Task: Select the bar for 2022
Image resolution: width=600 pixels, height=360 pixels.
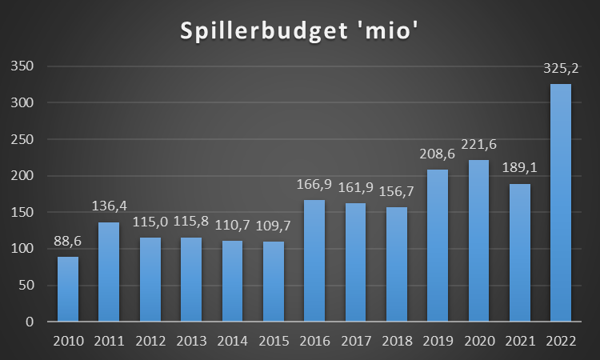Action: (x=560, y=203)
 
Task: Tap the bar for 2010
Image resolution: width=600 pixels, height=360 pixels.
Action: (x=67, y=289)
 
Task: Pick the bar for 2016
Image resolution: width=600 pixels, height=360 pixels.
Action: (x=314, y=261)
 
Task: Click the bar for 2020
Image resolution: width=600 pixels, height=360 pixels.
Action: (x=478, y=241)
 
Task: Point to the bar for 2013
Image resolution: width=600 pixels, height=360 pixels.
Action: (x=190, y=279)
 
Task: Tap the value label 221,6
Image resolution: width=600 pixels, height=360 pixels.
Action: (x=478, y=146)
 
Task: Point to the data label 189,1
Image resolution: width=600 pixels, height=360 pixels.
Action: (x=519, y=170)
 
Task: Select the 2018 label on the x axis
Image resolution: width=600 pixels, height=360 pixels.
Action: (x=396, y=341)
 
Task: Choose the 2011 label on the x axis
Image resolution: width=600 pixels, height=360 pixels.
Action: (x=108, y=341)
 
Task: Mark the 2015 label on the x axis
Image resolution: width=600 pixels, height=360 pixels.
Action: (x=273, y=341)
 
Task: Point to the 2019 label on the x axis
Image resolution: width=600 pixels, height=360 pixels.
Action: (x=437, y=341)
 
